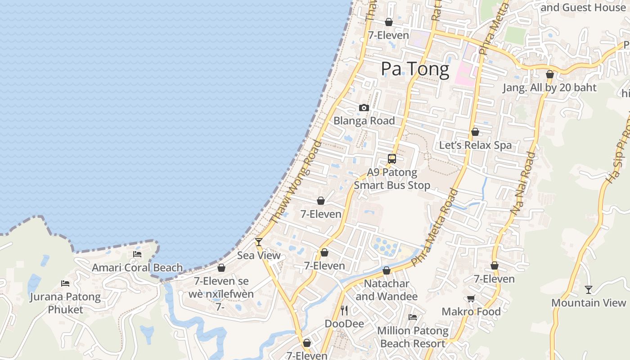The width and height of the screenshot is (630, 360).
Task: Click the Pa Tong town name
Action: pyautogui.click(x=415, y=69)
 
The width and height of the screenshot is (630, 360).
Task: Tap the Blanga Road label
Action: pyautogui.click(x=364, y=121)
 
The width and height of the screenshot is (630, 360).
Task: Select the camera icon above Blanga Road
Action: pyautogui.click(x=364, y=108)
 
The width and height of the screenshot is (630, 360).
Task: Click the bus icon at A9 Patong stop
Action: pyautogui.click(x=392, y=159)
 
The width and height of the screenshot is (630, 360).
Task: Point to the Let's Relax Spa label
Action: pyautogui.click(x=475, y=145)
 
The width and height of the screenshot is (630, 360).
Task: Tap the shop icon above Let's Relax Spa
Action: pyautogui.click(x=475, y=132)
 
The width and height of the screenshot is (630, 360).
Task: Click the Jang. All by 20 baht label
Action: pyautogui.click(x=549, y=87)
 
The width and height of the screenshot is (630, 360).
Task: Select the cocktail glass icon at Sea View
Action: pyautogui.click(x=259, y=242)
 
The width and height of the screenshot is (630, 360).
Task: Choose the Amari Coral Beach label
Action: pyautogui.click(x=137, y=268)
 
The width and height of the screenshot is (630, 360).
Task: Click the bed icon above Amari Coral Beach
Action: pyautogui.click(x=137, y=254)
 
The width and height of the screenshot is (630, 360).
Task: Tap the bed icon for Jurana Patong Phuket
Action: pyautogui.click(x=65, y=283)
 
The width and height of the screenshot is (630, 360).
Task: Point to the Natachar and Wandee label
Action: pyautogui.click(x=387, y=290)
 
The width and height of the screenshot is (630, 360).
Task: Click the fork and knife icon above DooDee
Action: pyautogui.click(x=344, y=310)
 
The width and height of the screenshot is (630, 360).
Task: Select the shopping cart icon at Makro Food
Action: pyautogui.click(x=471, y=298)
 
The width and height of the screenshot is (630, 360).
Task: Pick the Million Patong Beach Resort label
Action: pyautogui.click(x=413, y=337)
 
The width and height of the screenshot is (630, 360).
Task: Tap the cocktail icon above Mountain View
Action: pyautogui.click(x=589, y=289)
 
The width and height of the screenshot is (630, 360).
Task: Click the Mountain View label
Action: pyautogui.click(x=589, y=303)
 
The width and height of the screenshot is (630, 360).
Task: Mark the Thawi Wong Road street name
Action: pyautogui.click(x=296, y=182)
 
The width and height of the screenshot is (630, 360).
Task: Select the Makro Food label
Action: pyautogui.click(x=471, y=311)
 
